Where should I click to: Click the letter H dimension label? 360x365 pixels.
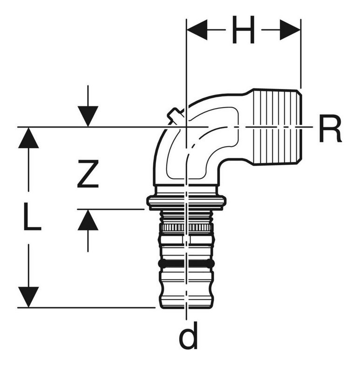pos(243,30)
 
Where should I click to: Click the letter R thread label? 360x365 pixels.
pos(330,129)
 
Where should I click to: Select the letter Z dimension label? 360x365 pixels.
pos(88,174)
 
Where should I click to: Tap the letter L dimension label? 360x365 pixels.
pos(32,216)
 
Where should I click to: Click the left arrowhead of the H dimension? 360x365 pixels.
pos(197,30)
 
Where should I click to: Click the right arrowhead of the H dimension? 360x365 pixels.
pos(290,30)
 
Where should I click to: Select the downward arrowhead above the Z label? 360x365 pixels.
pos(88,116)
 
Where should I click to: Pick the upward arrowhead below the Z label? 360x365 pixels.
pos(88,220)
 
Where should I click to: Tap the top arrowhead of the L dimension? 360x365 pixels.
pos(28,138)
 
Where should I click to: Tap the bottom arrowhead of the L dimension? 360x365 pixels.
pos(28,297)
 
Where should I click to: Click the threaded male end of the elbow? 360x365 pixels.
pos(278,127)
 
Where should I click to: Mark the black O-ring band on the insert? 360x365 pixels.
pos(186,264)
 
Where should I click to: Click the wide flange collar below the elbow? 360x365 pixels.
pos(186,202)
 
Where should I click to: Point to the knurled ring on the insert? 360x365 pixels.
pos(186,228)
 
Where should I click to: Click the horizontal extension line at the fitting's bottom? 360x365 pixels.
pos(87,308)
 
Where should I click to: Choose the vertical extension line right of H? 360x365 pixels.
pos(301,54)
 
